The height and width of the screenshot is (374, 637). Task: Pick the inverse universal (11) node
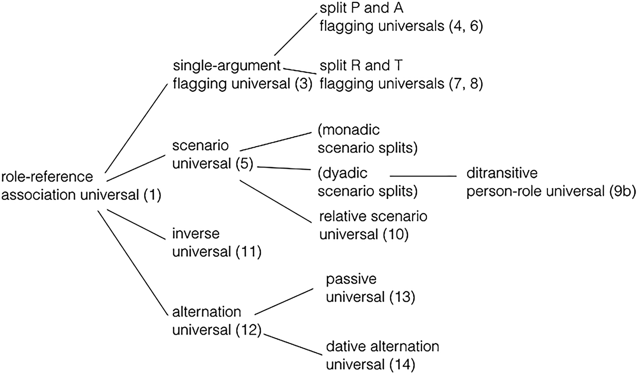(x=216, y=243)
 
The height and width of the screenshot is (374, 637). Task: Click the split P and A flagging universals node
(x=401, y=16)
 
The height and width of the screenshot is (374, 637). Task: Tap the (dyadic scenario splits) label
(x=367, y=183)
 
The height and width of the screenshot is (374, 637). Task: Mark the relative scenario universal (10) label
(x=373, y=225)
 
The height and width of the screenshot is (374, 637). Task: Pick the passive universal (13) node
(x=370, y=288)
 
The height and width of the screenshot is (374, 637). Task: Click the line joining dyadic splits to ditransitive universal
(x=423, y=176)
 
